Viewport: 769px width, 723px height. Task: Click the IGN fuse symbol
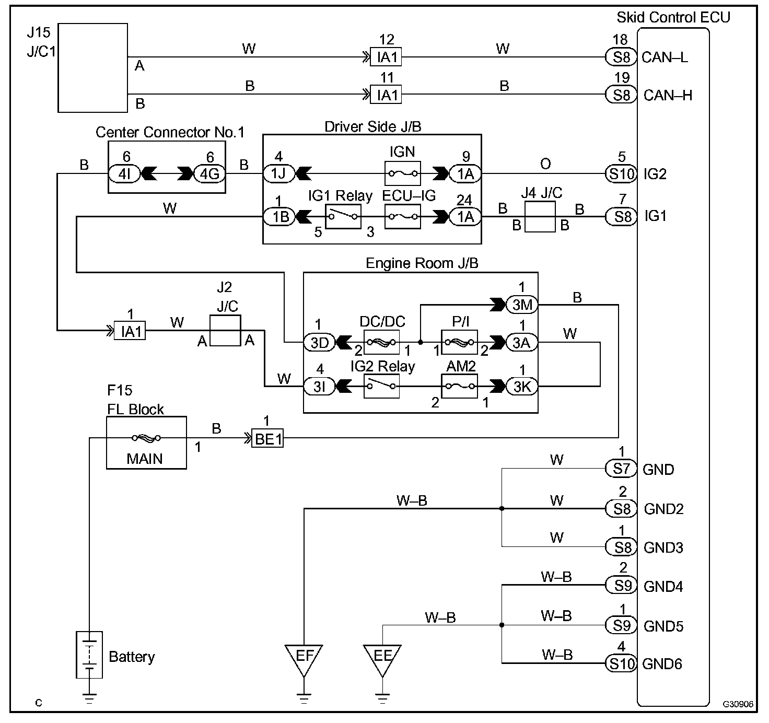pos(403,173)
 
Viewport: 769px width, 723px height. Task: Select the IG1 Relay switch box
pos(343,216)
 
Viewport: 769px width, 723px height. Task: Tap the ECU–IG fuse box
pos(403,216)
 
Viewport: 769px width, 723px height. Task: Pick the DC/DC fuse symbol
pos(382,342)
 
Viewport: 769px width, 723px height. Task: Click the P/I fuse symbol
pos(460,342)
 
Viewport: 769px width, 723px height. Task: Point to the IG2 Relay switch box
pos(382,386)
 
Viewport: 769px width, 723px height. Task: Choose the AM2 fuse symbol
pos(460,386)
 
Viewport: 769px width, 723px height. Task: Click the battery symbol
pos(89,655)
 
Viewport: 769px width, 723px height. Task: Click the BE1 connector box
pos(267,438)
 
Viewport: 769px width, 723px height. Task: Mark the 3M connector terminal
pos(522,305)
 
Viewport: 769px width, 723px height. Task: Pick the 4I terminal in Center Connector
pos(124,174)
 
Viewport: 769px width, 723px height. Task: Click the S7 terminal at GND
pos(621,469)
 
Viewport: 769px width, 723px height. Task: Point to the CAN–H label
pos(668,95)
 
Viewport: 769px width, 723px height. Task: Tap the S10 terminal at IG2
pos(621,174)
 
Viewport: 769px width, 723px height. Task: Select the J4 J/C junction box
pos(540,217)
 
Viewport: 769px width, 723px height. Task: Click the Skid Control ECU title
pos(673,17)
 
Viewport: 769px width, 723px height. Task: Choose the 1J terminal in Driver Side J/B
pos(279,173)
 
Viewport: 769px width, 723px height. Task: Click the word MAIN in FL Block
pos(144,459)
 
